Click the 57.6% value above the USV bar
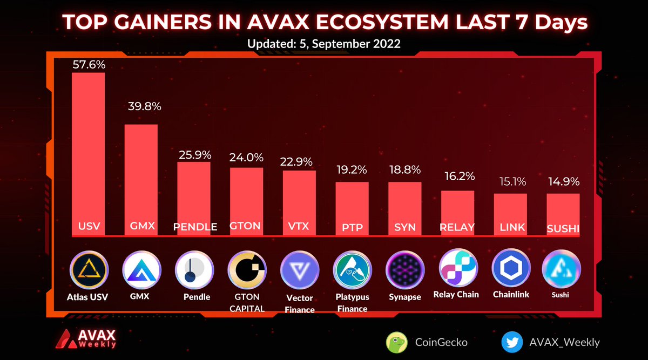click(89, 65)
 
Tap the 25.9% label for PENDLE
click(194, 154)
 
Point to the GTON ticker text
click(246, 226)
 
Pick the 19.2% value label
click(352, 169)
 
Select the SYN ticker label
click(404, 227)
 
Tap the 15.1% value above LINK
click(510, 182)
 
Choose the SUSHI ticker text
click(563, 228)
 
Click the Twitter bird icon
click(511, 342)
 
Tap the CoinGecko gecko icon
click(396, 342)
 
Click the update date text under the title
click(324, 44)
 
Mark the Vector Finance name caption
click(299, 304)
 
